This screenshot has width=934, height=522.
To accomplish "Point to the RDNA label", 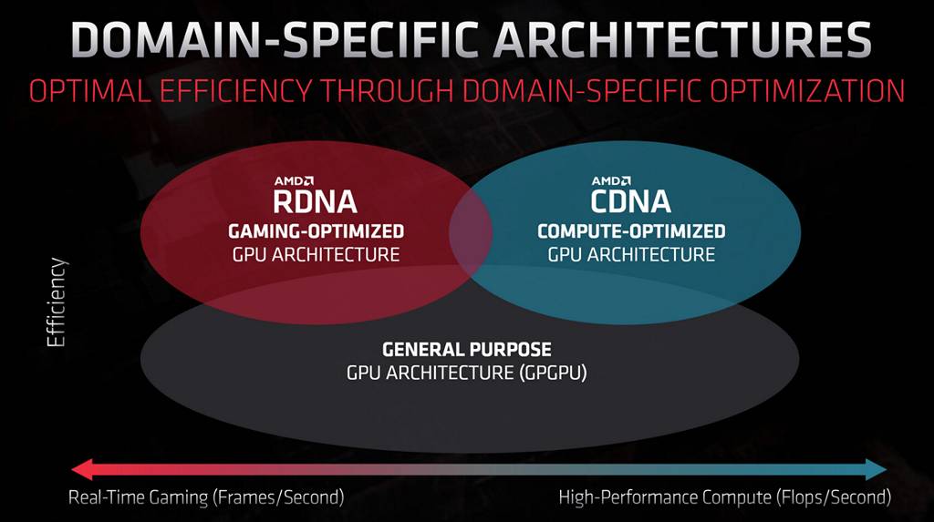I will (312, 201).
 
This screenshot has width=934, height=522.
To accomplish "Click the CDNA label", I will (631, 201).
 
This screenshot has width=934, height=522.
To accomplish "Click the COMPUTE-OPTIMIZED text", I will (631, 231).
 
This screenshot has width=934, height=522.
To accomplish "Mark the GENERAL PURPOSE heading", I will (467, 350).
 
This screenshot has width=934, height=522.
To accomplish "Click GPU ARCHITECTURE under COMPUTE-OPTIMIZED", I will (631, 254).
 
